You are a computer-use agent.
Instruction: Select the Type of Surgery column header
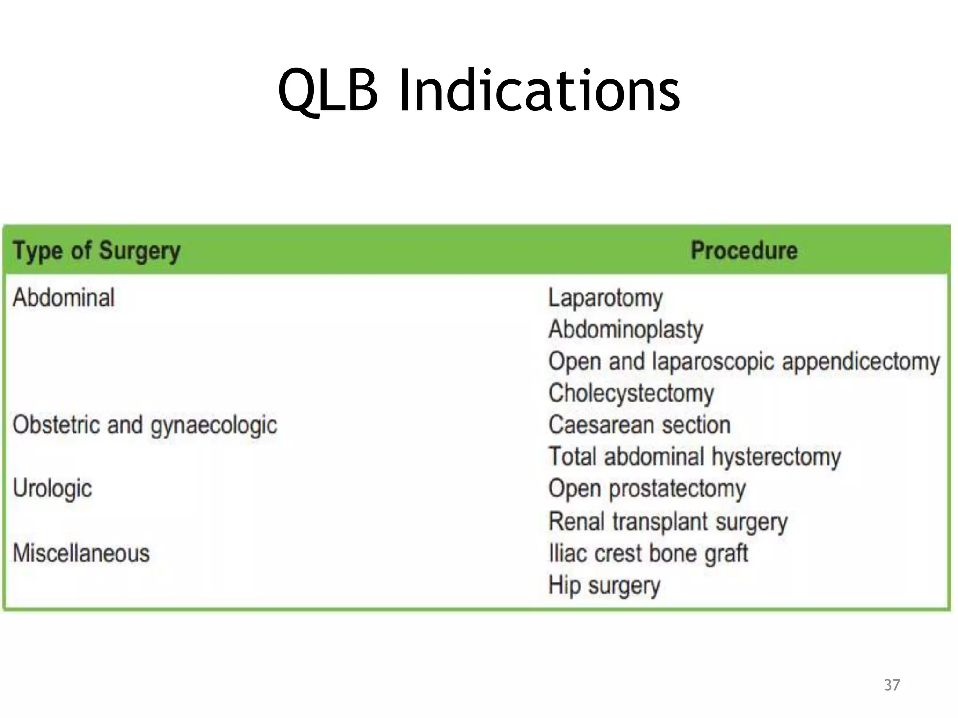[96, 251]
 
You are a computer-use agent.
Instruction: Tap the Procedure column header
[744, 251]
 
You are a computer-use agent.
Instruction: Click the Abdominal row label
[64, 298]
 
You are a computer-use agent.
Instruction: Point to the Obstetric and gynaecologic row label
[145, 425]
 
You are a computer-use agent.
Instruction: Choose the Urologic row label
[52, 489]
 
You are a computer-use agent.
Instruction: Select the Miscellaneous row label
[81, 553]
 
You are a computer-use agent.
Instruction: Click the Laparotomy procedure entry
[605, 298]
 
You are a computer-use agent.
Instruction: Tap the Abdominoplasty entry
[625, 330]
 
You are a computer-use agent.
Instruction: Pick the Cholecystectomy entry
[631, 394]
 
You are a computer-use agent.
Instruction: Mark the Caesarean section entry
[639, 425]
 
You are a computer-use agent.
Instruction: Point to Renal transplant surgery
[668, 522]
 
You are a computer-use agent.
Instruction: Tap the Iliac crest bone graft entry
[648, 553]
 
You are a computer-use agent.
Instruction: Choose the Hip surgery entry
[604, 586]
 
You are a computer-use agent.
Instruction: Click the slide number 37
[892, 685]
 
